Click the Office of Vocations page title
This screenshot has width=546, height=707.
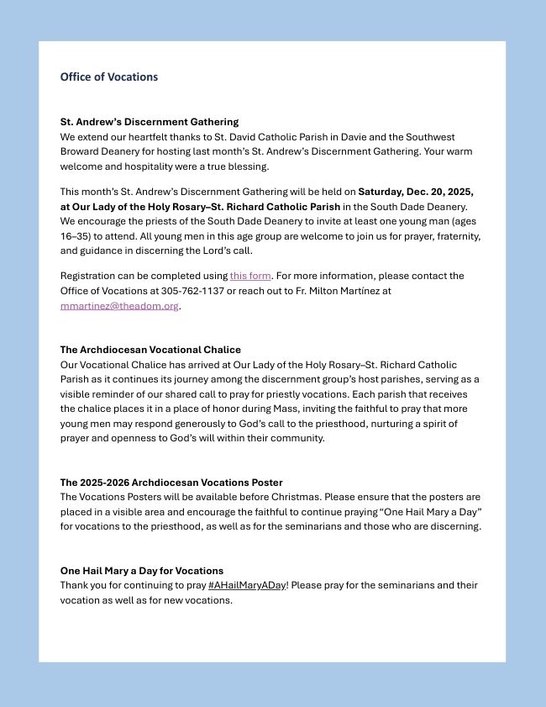pos(108,77)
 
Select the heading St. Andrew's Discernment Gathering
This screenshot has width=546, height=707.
pos(149,122)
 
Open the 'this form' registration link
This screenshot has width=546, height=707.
pos(250,276)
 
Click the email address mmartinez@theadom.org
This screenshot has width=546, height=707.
pos(119,306)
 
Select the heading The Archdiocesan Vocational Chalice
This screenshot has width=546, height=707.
pos(150,350)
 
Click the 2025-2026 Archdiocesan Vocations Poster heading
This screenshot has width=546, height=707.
pos(171,483)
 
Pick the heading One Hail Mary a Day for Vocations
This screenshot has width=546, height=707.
pos(141,571)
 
